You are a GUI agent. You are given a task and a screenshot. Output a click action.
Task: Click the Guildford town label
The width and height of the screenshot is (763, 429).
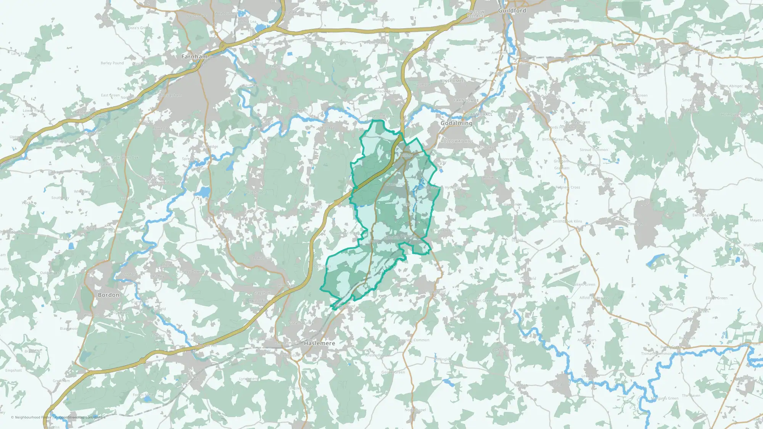pos(512,11)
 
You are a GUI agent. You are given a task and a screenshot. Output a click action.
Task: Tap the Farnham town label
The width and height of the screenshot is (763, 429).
pos(195,56)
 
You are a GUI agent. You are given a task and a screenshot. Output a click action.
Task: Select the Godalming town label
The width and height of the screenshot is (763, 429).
pos(456,123)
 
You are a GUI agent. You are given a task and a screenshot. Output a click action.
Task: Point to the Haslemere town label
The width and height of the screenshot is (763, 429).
pos(319,343)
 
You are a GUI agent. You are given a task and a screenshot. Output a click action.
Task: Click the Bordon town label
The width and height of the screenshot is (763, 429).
pos(109,295)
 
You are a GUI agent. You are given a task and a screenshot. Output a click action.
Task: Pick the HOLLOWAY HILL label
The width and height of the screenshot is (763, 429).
pos(457,141)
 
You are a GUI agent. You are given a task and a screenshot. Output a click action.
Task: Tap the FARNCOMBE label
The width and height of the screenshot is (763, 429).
pos(466,100)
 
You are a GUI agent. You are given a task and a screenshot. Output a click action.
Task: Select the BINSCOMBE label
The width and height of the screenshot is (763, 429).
pos(452,81)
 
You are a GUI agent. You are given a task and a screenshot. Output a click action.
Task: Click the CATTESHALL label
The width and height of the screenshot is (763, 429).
pos(480,114)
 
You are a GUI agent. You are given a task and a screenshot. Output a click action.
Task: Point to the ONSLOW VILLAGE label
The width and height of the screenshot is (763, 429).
pos(475,14)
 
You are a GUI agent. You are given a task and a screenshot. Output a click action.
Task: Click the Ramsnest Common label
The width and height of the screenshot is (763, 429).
pos(412,340)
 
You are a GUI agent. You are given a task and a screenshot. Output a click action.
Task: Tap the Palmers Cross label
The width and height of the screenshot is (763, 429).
pos(568,187)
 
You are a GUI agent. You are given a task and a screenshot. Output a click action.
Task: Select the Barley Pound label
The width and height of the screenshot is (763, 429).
pos(112,63)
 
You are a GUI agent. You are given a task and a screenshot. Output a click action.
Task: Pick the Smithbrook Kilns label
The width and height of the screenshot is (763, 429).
pos(567,221)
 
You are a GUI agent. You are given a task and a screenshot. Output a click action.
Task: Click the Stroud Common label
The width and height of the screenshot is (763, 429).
pos(594,149)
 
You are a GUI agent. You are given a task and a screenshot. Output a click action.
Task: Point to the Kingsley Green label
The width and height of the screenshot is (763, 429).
pos(300,388)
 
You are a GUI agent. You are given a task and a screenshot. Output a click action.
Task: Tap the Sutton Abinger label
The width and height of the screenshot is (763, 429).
pos(729,86)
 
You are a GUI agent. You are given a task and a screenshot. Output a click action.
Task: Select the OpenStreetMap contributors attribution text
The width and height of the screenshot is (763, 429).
pos(82,417)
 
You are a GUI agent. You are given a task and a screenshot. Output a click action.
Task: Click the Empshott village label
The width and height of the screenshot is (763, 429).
pos(14,370)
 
